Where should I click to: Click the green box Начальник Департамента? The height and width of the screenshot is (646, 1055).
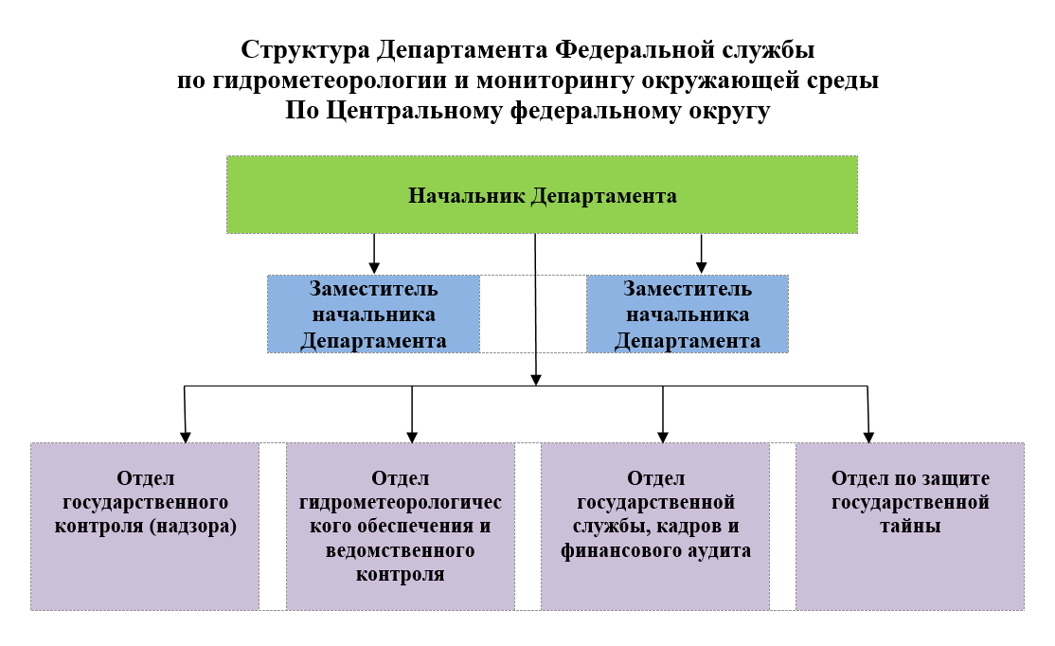(x=542, y=195)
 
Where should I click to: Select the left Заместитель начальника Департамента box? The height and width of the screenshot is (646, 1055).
(x=373, y=314)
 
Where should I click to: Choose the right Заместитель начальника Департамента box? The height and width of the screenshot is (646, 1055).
(x=687, y=314)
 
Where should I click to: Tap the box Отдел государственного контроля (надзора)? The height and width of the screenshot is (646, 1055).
(x=145, y=527)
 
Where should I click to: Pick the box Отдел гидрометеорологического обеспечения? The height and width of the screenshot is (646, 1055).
(x=401, y=527)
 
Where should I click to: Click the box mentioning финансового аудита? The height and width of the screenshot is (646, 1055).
(x=655, y=527)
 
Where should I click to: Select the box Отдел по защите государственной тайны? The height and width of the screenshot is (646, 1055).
(x=910, y=527)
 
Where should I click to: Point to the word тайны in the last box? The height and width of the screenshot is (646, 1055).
(x=910, y=526)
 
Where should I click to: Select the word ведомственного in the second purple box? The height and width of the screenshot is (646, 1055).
(x=401, y=550)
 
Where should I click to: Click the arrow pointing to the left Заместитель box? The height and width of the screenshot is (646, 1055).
(x=374, y=254)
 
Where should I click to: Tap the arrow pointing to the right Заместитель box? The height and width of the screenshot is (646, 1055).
(x=701, y=254)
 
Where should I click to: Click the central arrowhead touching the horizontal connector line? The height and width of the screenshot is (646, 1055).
(x=536, y=380)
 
